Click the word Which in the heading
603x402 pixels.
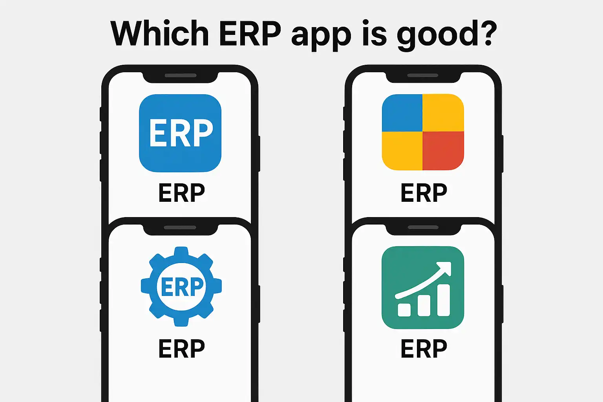tap(159, 33)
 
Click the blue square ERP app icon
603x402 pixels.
tap(180, 133)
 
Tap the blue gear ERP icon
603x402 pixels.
tap(181, 287)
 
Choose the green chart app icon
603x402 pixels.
tap(423, 287)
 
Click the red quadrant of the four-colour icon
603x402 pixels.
tap(443, 151)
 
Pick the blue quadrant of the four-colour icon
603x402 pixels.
tap(402, 113)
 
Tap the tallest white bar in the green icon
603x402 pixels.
tap(444, 300)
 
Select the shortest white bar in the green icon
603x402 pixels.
tap(404, 310)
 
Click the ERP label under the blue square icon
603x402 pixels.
tap(182, 192)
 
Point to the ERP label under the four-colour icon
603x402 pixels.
tap(424, 192)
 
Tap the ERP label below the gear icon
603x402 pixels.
tap(182, 348)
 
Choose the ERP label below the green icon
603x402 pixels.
tap(424, 348)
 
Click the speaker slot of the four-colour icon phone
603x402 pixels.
tap(423, 75)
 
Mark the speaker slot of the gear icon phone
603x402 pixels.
tap(180, 228)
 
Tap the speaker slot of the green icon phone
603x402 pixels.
tap(423, 228)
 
